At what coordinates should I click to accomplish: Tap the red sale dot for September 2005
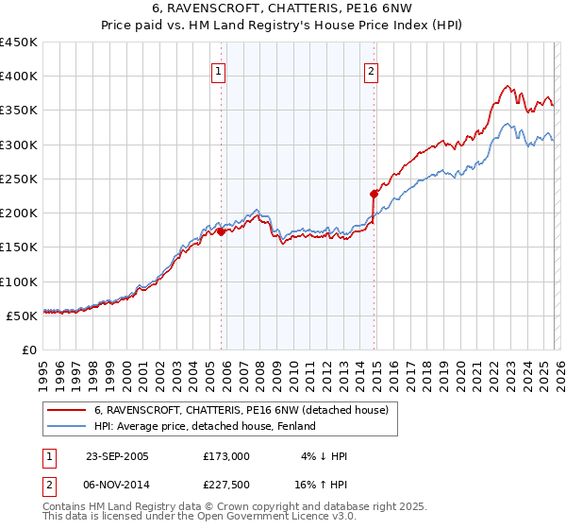tap(221, 230)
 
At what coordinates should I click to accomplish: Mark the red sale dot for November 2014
tap(375, 194)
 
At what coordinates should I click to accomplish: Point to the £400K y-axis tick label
tap(19, 77)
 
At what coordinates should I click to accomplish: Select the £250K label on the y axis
tap(19, 179)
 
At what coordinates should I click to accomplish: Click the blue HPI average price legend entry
tap(204, 427)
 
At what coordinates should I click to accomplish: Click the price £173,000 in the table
tap(225, 456)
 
